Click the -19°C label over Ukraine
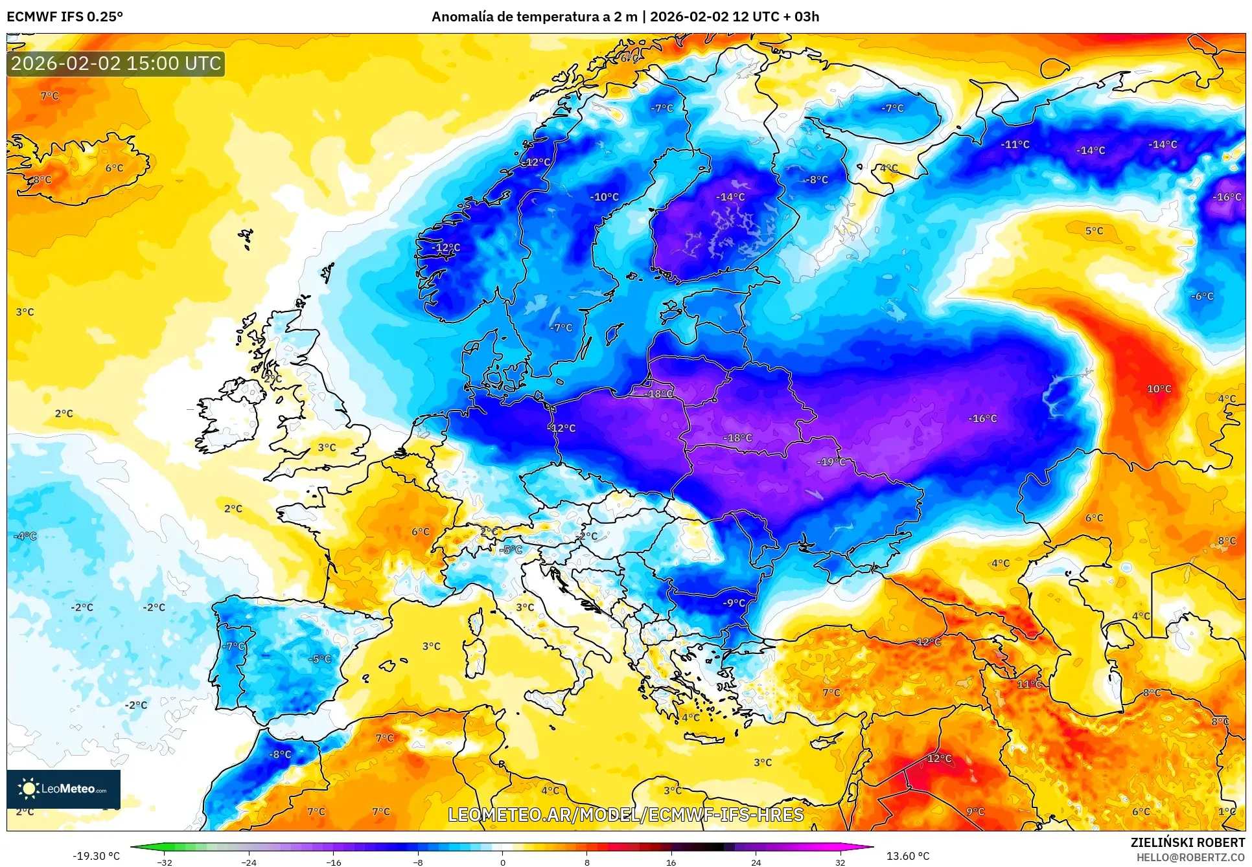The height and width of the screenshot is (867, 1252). point(832,462)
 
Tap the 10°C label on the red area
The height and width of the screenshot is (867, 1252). point(1159,388)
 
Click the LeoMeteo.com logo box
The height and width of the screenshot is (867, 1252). point(64,789)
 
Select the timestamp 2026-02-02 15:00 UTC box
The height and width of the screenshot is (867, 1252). point(116,63)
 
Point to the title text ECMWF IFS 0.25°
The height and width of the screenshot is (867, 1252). point(65,17)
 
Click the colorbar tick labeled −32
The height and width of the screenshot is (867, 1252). point(165,862)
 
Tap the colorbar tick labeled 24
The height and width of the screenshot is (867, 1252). point(756,862)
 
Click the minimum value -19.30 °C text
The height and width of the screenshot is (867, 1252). point(96,855)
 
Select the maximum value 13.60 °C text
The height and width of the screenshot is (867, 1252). point(907,855)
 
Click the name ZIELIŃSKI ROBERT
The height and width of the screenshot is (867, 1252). point(1187,842)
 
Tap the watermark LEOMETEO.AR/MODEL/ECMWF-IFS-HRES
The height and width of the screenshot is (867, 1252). point(625,815)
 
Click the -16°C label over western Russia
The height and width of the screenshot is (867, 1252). point(982,418)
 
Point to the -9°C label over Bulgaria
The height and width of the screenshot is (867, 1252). point(734,602)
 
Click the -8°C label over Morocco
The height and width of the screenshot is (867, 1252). point(280,754)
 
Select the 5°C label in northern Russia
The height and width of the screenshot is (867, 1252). point(1094,231)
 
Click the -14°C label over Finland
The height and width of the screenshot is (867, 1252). point(730,197)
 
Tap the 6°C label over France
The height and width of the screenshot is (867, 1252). point(421,531)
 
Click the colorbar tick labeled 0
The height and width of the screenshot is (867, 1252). point(502,862)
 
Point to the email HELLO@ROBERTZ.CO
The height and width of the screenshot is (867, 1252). point(1190,857)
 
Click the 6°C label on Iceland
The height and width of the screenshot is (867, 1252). point(114,168)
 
